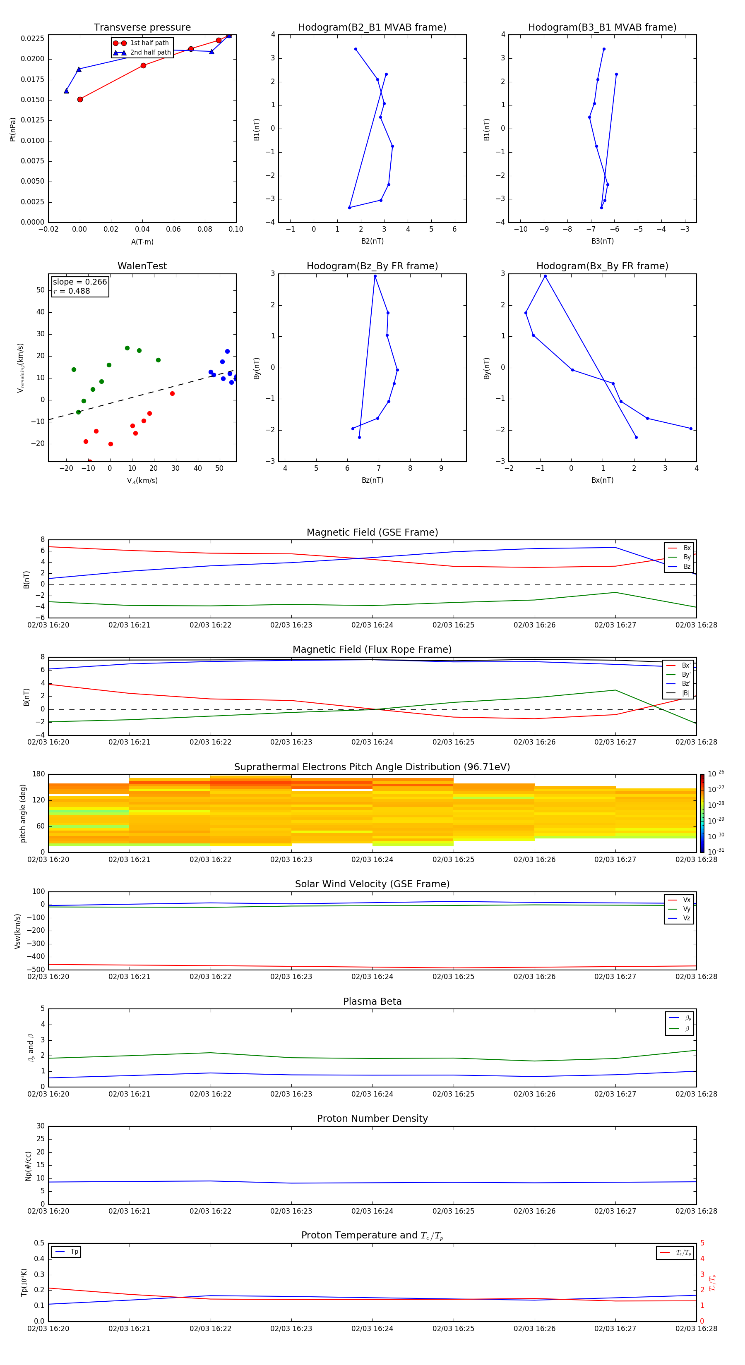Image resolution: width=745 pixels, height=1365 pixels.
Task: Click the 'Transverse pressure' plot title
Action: click(x=142, y=28)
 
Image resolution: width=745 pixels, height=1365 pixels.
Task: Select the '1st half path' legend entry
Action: click(x=149, y=43)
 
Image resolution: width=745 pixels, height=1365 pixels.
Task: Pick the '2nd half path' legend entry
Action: click(x=150, y=53)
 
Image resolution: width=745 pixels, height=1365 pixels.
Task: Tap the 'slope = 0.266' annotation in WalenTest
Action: click(x=79, y=282)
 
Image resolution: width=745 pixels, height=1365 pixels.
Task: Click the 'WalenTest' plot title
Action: click(x=142, y=266)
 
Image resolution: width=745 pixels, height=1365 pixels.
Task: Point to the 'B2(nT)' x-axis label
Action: click(x=372, y=241)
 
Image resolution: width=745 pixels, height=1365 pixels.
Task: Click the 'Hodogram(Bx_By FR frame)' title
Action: click(x=602, y=266)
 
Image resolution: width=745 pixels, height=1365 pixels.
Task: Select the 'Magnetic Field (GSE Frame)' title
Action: click(x=372, y=532)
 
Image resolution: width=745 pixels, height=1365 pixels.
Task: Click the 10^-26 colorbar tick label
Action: click(x=715, y=773)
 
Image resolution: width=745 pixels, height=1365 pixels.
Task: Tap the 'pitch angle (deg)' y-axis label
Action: click(x=23, y=813)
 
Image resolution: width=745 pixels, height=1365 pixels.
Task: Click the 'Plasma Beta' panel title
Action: click(x=372, y=1001)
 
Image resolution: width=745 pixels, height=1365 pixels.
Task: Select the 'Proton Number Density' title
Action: click(x=372, y=1118)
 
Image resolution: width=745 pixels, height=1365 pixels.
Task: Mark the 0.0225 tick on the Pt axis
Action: click(x=32, y=39)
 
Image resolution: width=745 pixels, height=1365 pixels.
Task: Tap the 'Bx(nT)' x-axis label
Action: click(x=602, y=480)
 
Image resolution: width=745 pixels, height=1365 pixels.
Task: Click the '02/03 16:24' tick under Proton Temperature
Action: click(x=372, y=1329)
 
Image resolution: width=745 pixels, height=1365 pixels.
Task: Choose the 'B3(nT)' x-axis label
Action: click(x=602, y=241)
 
